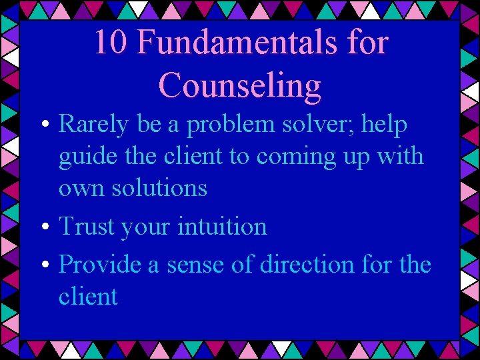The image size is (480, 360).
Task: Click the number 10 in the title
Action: [111, 43]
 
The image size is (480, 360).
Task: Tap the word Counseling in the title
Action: [240, 85]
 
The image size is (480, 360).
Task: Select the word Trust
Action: [86, 227]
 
